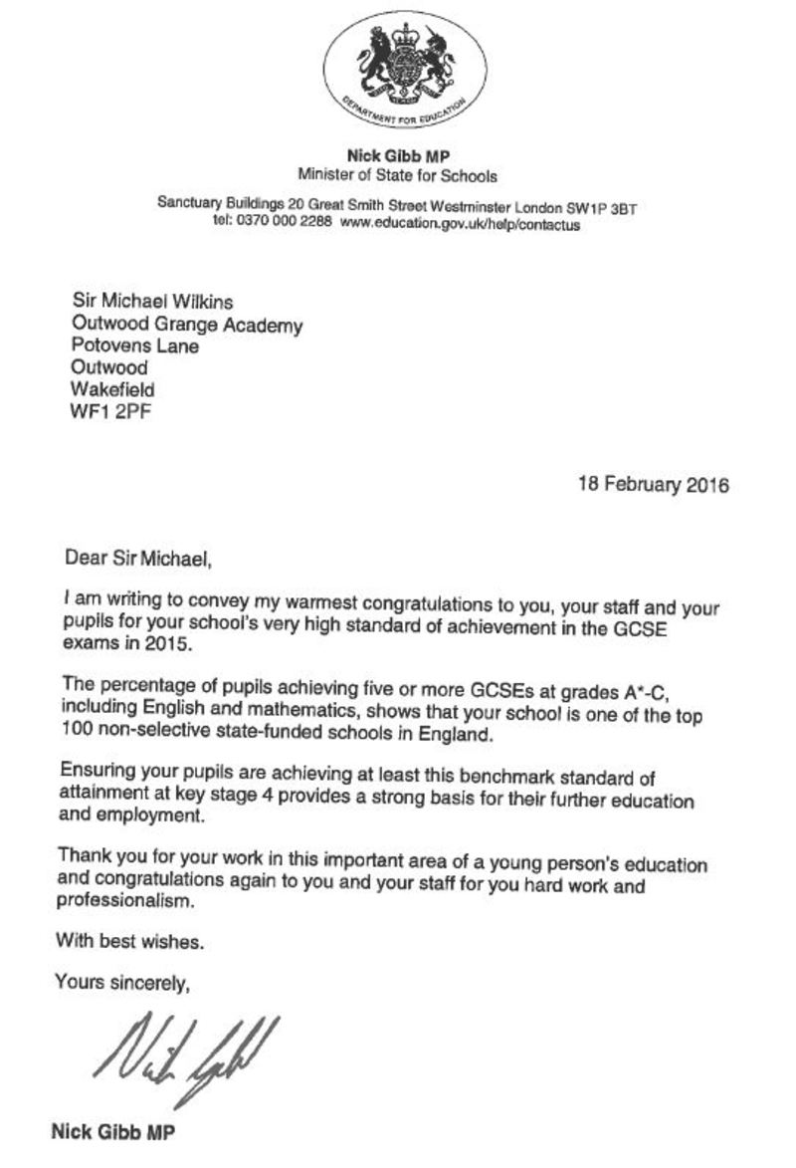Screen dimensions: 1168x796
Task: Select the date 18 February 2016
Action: click(653, 486)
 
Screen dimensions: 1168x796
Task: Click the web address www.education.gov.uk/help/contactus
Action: click(459, 225)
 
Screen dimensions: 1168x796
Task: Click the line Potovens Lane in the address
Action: click(135, 346)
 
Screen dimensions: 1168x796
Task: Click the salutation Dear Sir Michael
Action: click(139, 559)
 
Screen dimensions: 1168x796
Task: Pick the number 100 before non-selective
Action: click(78, 737)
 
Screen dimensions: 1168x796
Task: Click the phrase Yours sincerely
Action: click(122, 982)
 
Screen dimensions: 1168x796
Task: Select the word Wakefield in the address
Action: click(113, 389)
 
